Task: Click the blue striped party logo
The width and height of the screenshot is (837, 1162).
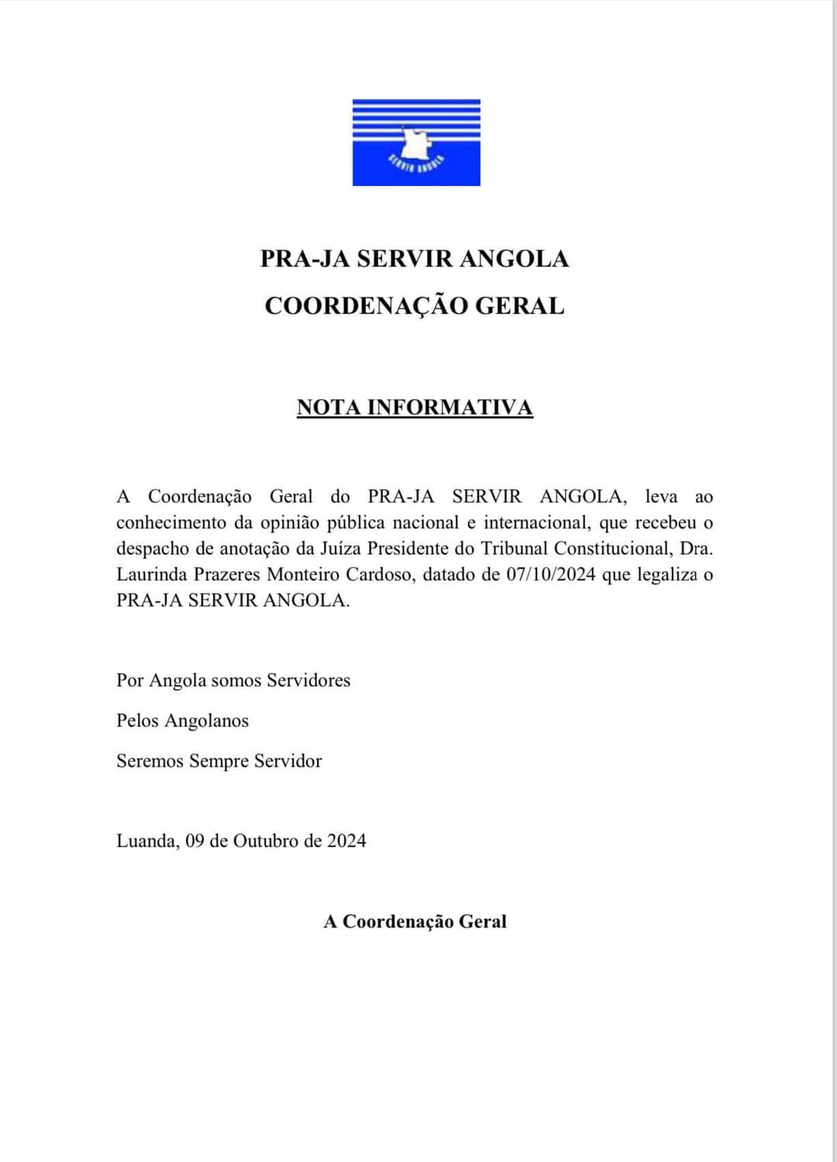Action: tap(416, 143)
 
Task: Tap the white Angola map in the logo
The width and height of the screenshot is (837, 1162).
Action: tap(415, 143)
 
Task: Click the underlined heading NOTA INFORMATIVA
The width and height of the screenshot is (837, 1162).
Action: tap(415, 408)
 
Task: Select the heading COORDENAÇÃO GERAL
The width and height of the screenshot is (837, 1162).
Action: tap(415, 305)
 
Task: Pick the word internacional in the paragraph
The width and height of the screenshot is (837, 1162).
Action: tap(536, 523)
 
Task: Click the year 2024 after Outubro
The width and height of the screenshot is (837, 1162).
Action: tap(346, 841)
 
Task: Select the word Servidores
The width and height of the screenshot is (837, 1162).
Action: tap(308, 681)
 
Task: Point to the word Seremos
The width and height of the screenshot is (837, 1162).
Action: tap(150, 761)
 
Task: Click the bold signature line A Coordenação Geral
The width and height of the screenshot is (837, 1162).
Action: tap(415, 922)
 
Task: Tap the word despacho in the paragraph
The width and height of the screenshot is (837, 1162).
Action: tap(153, 550)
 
